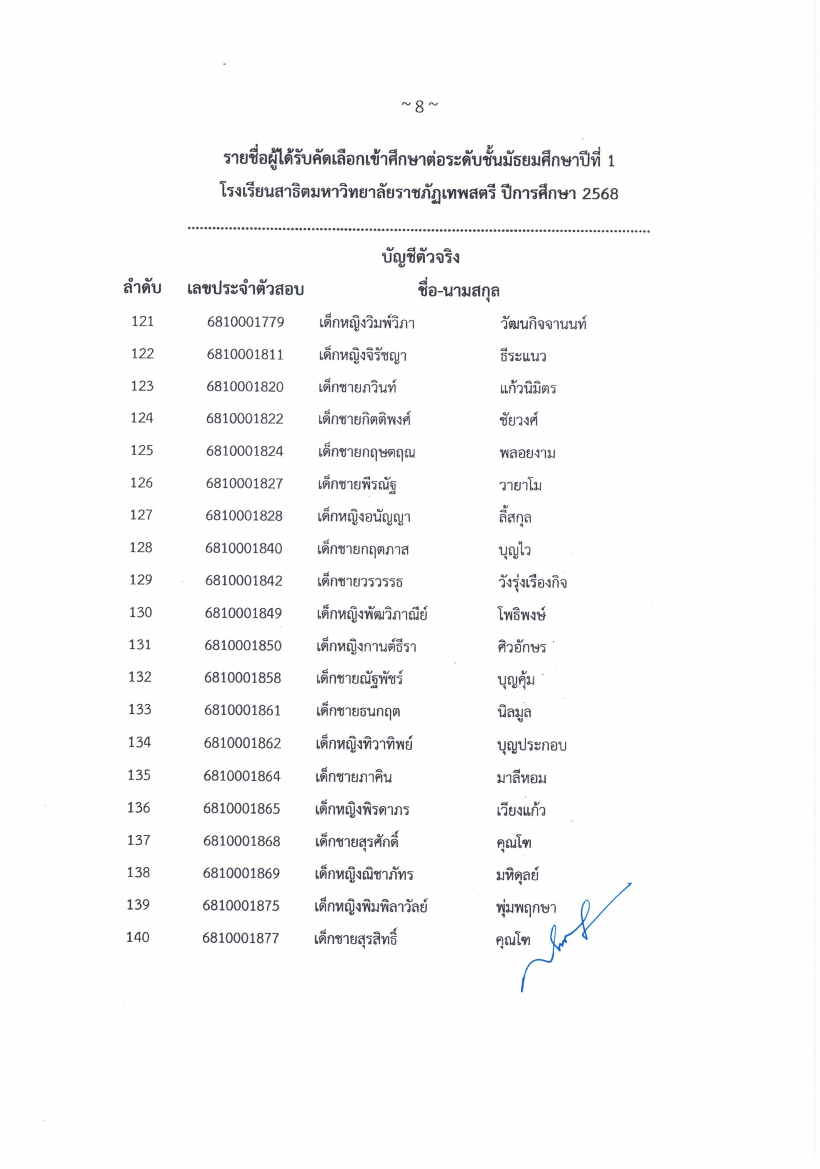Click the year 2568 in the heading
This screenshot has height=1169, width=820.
pos(599,194)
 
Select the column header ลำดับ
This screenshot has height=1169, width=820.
pos(142,288)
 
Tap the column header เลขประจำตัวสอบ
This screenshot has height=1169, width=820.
pos(245,289)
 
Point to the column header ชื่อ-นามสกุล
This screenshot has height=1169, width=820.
pos(458,291)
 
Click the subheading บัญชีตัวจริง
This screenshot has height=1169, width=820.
pos(420,257)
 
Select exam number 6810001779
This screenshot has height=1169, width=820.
pos(245,322)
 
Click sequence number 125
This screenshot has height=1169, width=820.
pos(142,451)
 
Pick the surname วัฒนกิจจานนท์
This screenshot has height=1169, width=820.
pos(543,323)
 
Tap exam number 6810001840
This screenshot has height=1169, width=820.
pos(243,548)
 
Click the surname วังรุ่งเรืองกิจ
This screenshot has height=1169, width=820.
pos(532,582)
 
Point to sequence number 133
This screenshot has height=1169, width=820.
pos(139,710)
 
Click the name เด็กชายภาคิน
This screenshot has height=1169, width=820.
pos(354,777)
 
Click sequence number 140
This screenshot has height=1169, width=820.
pos(138,937)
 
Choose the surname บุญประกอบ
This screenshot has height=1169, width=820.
pos(531,745)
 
